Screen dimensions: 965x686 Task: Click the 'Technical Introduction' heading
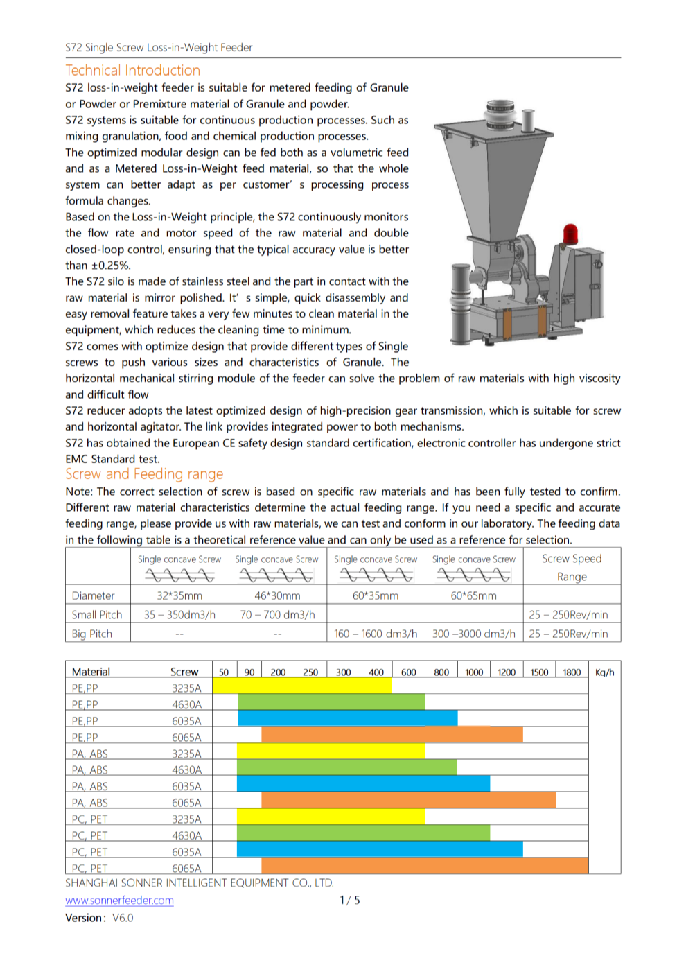click(132, 71)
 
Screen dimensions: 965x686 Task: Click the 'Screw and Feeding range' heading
click(144, 474)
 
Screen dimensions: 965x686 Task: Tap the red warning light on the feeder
click(570, 234)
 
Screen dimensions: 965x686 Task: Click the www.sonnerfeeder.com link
click(119, 901)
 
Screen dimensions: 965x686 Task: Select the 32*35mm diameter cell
click(179, 596)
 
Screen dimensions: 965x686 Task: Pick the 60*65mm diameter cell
click(473, 596)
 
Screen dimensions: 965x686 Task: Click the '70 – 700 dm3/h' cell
click(277, 615)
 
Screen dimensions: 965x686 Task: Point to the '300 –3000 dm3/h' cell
click(473, 634)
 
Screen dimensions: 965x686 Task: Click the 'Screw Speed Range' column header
click(572, 567)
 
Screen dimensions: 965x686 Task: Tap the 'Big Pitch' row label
click(91, 634)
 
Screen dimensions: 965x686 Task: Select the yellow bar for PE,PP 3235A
click(302, 686)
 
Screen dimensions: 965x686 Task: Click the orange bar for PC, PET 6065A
click(424, 865)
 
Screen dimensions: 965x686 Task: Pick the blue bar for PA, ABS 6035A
click(363, 783)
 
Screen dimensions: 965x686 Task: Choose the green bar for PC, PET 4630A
click(363, 833)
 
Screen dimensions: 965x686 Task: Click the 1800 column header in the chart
click(572, 672)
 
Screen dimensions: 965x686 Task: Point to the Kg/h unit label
click(604, 672)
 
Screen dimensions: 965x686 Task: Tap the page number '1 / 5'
click(349, 901)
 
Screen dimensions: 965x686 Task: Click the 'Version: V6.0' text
click(99, 918)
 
